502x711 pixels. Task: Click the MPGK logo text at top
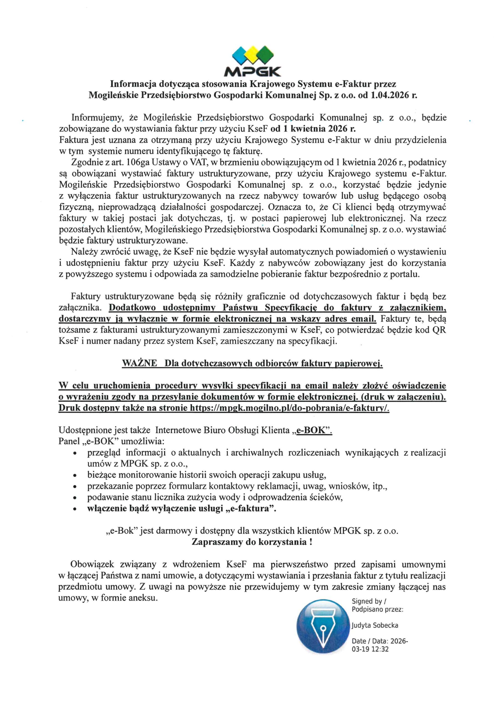click(x=252, y=72)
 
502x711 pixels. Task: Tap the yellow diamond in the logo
click(x=253, y=54)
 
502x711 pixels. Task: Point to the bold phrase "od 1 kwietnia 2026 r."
click(x=313, y=129)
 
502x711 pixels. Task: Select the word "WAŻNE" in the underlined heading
click(x=140, y=363)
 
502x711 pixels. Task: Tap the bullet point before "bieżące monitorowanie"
click(x=74, y=475)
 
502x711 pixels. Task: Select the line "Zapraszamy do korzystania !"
click(x=252, y=542)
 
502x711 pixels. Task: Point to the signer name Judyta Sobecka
click(x=375, y=625)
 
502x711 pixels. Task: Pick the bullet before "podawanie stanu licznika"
click(x=74, y=498)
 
